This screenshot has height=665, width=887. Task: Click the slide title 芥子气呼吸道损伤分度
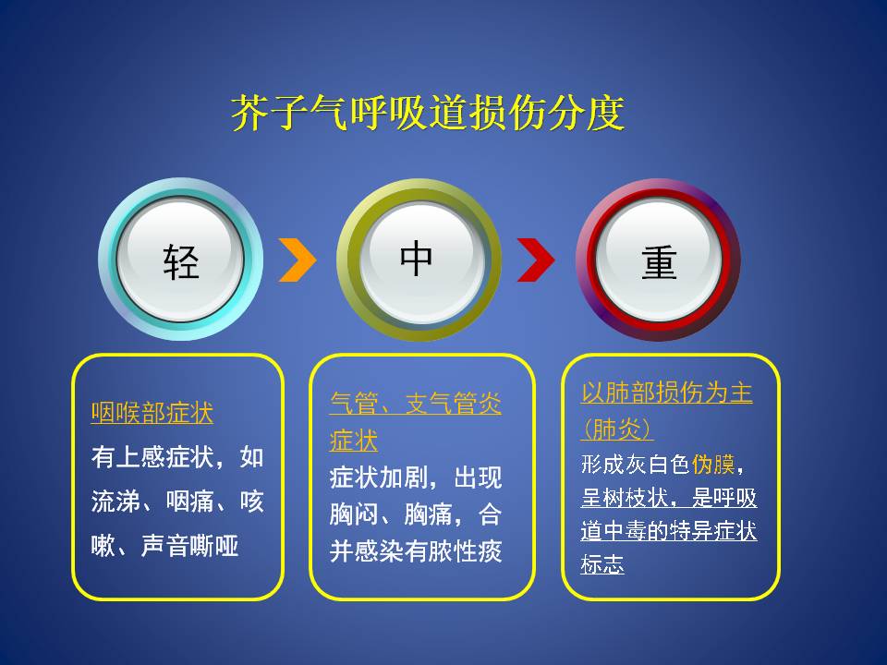pyautogui.click(x=428, y=113)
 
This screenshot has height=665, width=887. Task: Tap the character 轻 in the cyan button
pyautogui.click(x=181, y=261)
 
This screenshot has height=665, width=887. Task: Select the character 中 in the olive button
pyautogui.click(x=417, y=258)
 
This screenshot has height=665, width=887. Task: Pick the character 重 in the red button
pyautogui.click(x=659, y=261)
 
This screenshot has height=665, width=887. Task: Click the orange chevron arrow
pyautogui.click(x=298, y=260)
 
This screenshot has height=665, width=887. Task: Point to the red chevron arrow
pyautogui.click(x=537, y=260)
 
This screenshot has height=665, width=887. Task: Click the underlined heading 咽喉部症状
pyautogui.click(x=152, y=413)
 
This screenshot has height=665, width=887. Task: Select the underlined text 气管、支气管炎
pyautogui.click(x=415, y=404)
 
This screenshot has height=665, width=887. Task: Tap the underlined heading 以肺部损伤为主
pyautogui.click(x=666, y=393)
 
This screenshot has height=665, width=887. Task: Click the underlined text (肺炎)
pyautogui.click(x=617, y=429)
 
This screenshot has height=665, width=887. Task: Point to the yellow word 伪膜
pyautogui.click(x=712, y=465)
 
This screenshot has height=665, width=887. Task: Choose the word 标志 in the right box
pyautogui.click(x=602, y=563)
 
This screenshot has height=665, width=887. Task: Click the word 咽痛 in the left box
pyautogui.click(x=189, y=501)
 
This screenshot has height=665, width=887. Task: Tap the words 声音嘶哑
pyautogui.click(x=189, y=546)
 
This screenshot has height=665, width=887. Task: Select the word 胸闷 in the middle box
pyautogui.click(x=354, y=514)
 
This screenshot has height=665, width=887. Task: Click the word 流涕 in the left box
pyautogui.click(x=115, y=501)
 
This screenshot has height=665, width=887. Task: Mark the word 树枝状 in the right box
pyautogui.click(x=636, y=498)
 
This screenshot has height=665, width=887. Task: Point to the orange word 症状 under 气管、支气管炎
pyautogui.click(x=354, y=441)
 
